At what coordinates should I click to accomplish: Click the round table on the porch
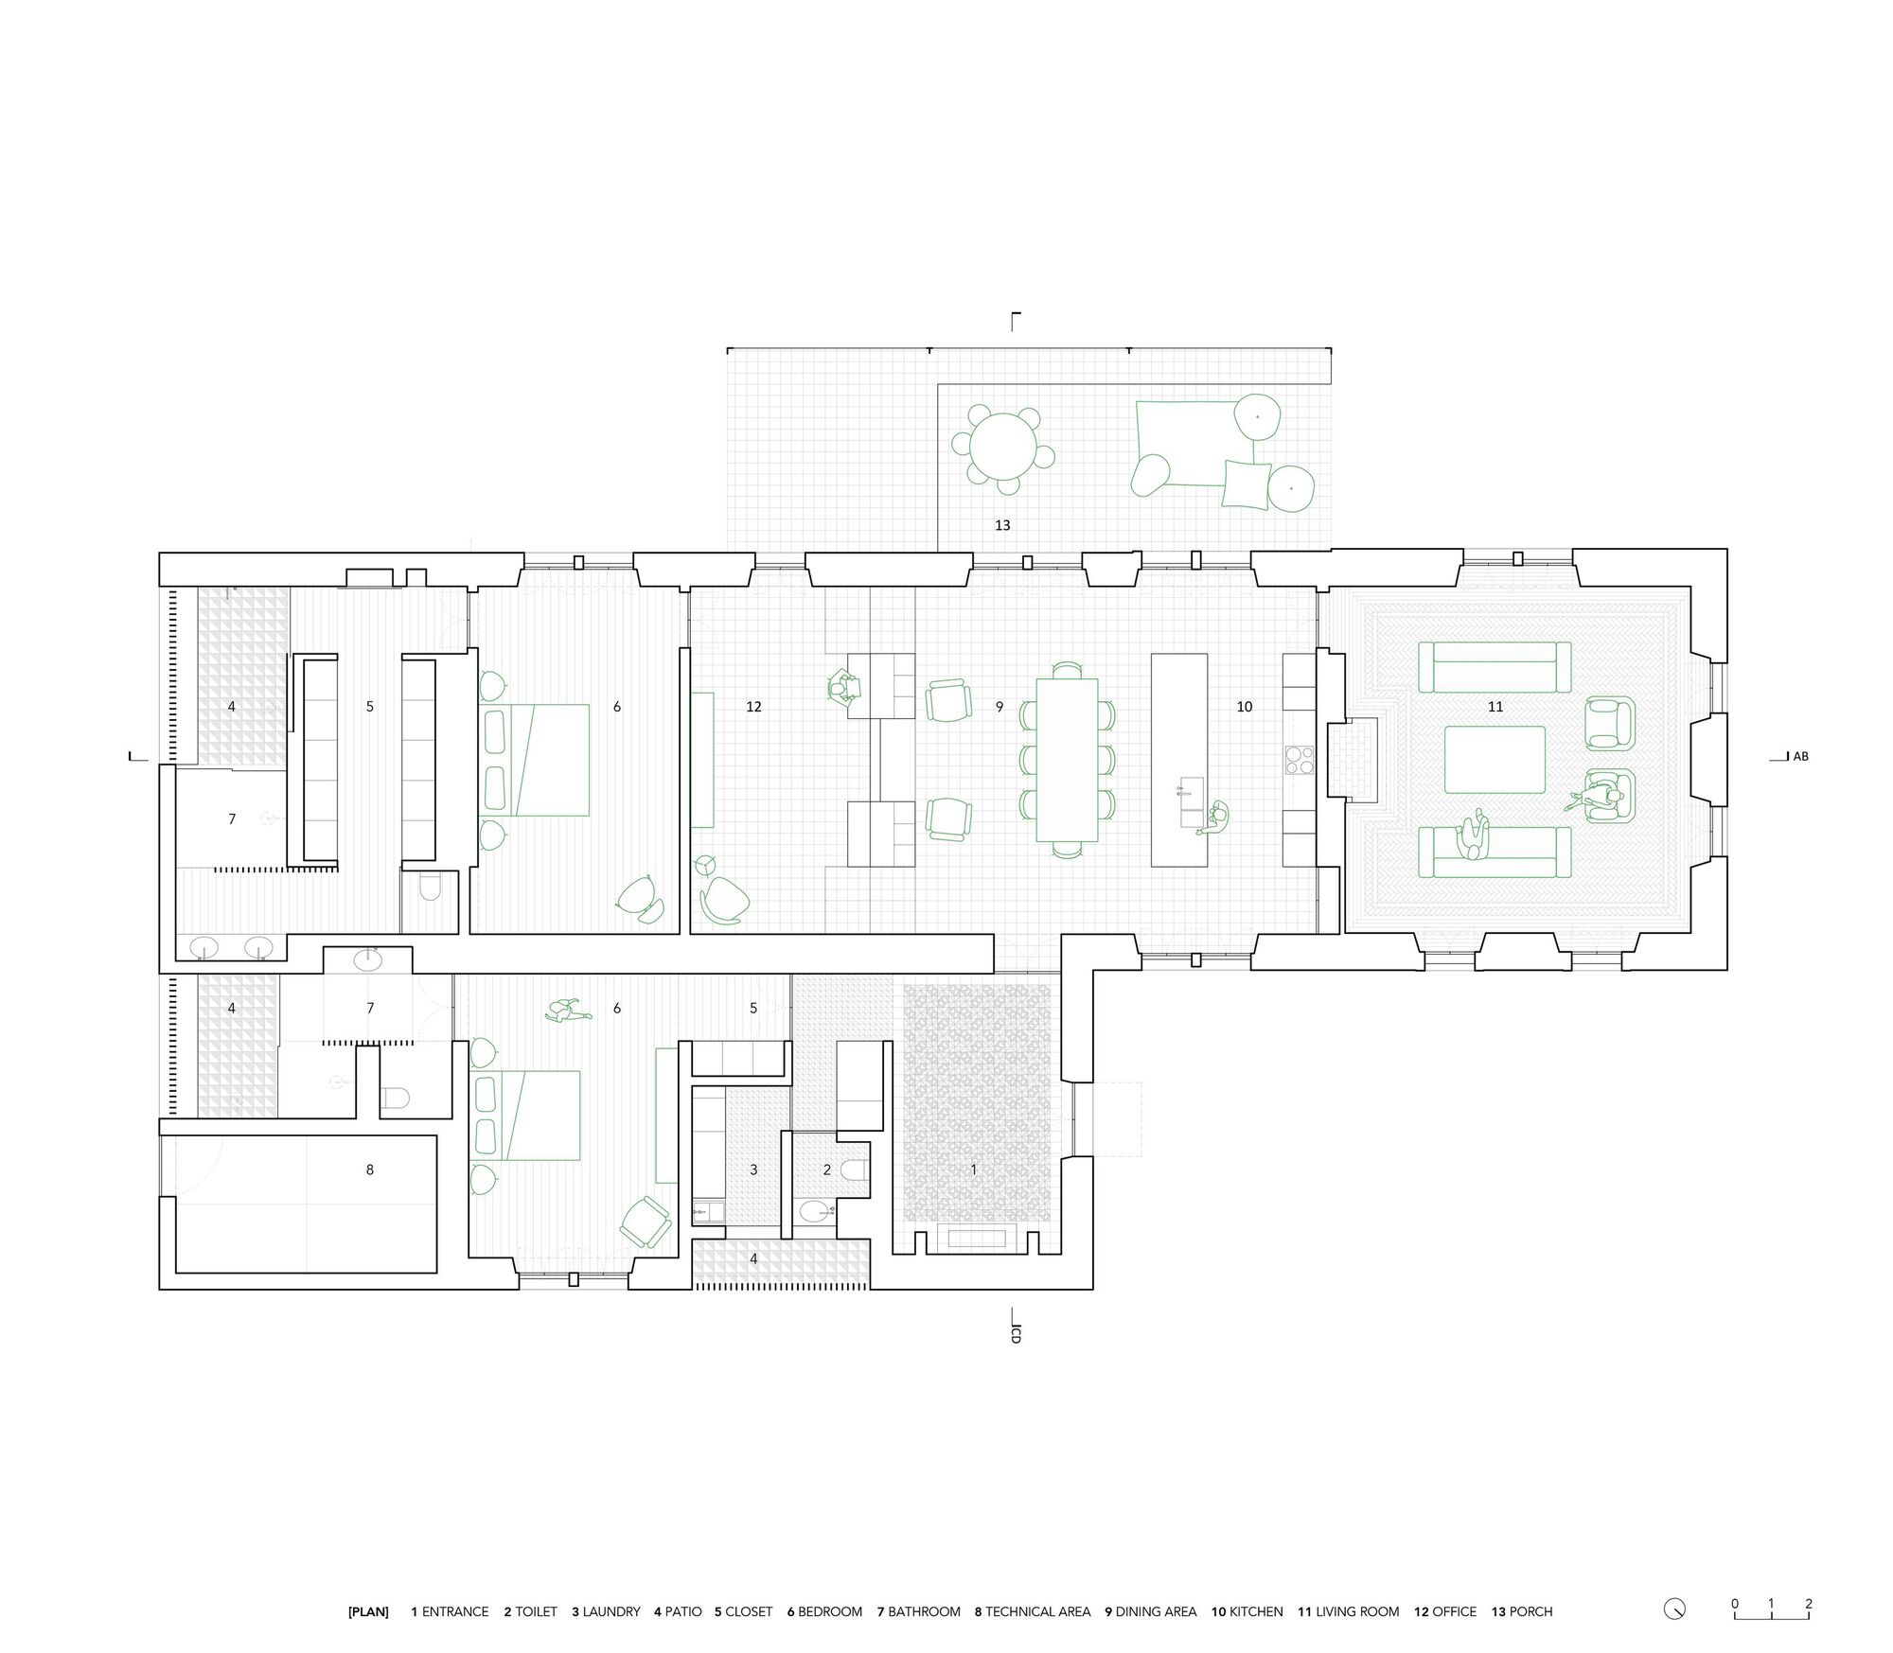tap(1001, 448)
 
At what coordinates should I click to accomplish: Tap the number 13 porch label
tap(1002, 525)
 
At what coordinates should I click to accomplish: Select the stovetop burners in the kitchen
tap(1299, 760)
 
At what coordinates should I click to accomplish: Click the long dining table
tap(1067, 759)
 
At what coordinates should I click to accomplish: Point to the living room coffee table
tap(1494, 760)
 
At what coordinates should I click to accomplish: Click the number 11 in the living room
tap(1495, 707)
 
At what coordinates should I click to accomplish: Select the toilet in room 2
tap(856, 1171)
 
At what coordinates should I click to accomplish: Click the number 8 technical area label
tap(369, 1169)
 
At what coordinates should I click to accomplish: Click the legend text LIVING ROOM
tap(1356, 1611)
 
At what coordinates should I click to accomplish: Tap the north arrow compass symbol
tap(1674, 1609)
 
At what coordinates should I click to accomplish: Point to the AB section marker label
tap(1800, 757)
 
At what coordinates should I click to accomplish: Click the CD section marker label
tap(1016, 1335)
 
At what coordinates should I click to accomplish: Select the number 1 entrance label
tap(973, 1169)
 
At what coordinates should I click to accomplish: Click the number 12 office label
tap(753, 707)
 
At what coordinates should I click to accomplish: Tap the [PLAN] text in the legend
tap(368, 1611)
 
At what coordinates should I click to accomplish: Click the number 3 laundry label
tap(753, 1170)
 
